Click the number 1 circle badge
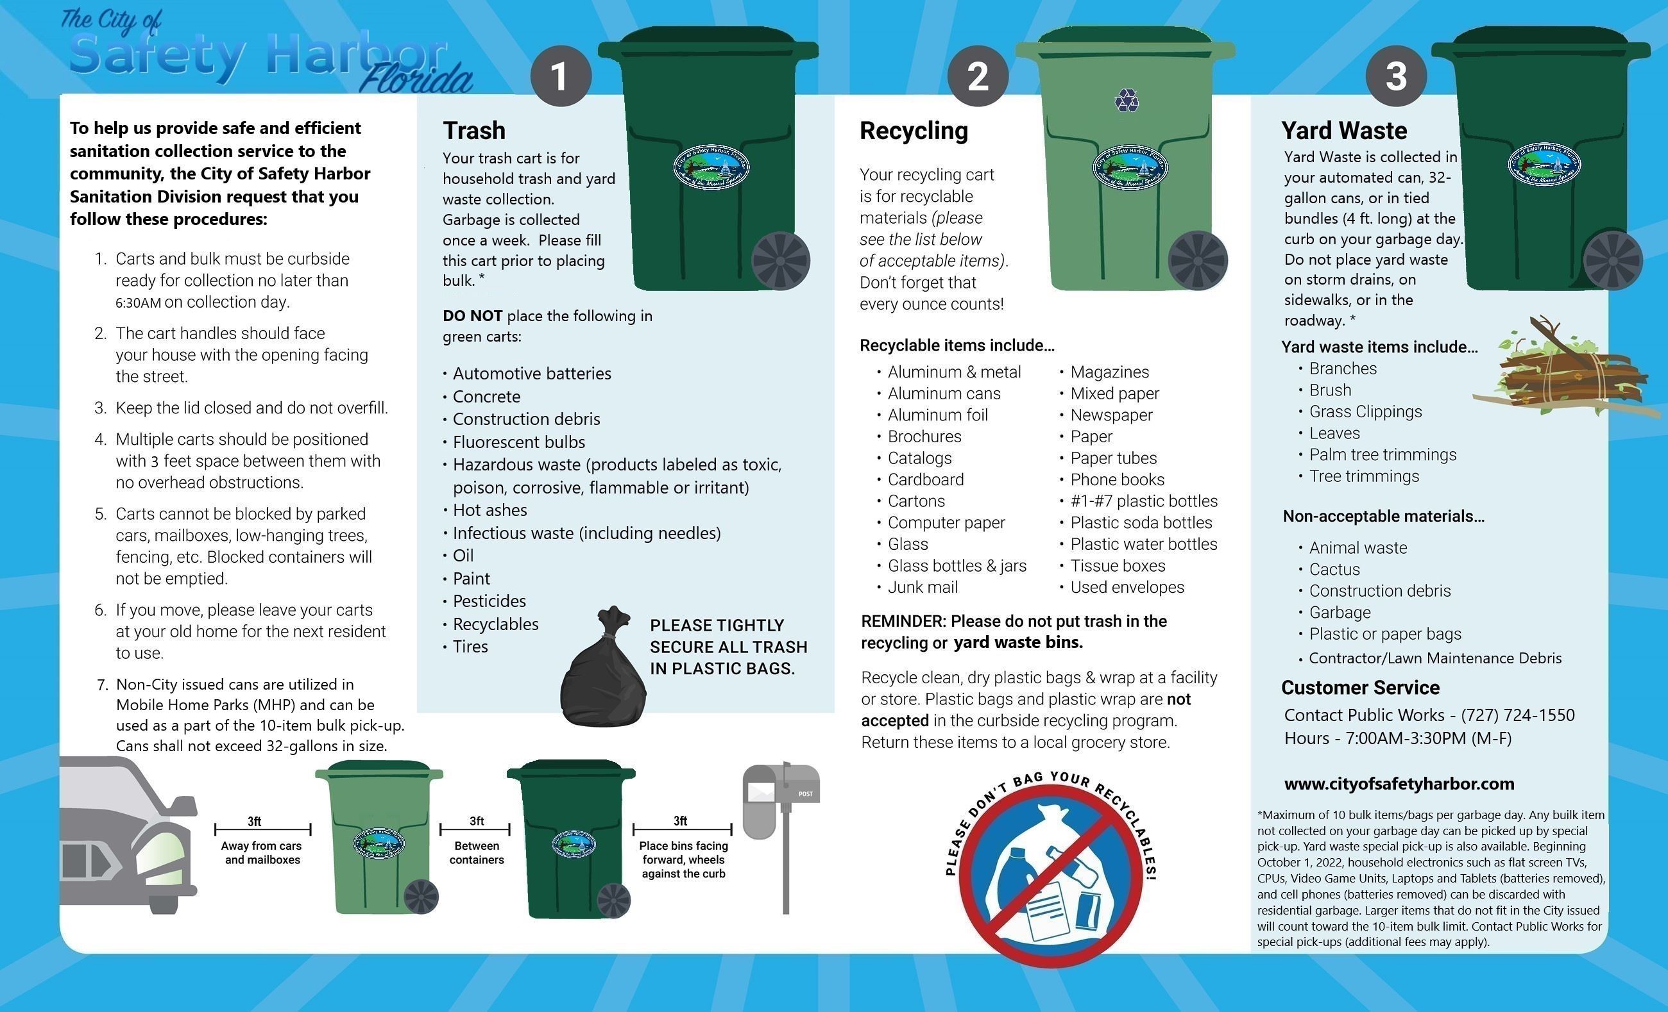[x=560, y=76]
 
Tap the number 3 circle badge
[x=1395, y=76]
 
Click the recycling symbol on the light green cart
[x=1127, y=101]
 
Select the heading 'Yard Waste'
[x=1344, y=130]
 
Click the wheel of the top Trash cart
[x=781, y=261]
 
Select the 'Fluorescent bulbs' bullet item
[x=518, y=442]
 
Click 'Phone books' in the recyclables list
[x=1117, y=479]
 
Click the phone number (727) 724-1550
[x=1518, y=715]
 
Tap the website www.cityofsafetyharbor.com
[x=1399, y=783]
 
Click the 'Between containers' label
[x=477, y=852]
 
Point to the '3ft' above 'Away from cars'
[x=255, y=821]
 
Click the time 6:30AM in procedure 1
[x=138, y=303]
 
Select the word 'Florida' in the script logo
[x=416, y=79]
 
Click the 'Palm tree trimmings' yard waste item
[x=1383, y=454]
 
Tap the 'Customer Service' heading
[x=1360, y=687]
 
